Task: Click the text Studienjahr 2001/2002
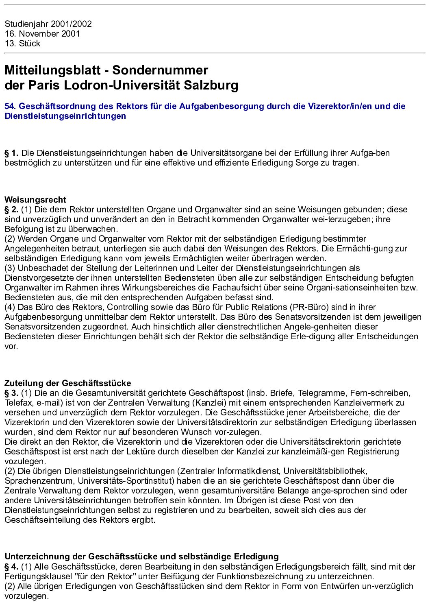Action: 48,24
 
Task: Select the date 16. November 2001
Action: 42,34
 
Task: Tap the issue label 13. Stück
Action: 22,44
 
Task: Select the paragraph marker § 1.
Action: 11,153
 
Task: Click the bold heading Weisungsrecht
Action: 35,200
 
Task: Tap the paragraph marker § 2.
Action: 11,210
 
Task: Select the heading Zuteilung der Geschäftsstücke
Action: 67,383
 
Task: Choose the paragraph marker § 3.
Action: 11,393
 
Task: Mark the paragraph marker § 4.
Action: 11,567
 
